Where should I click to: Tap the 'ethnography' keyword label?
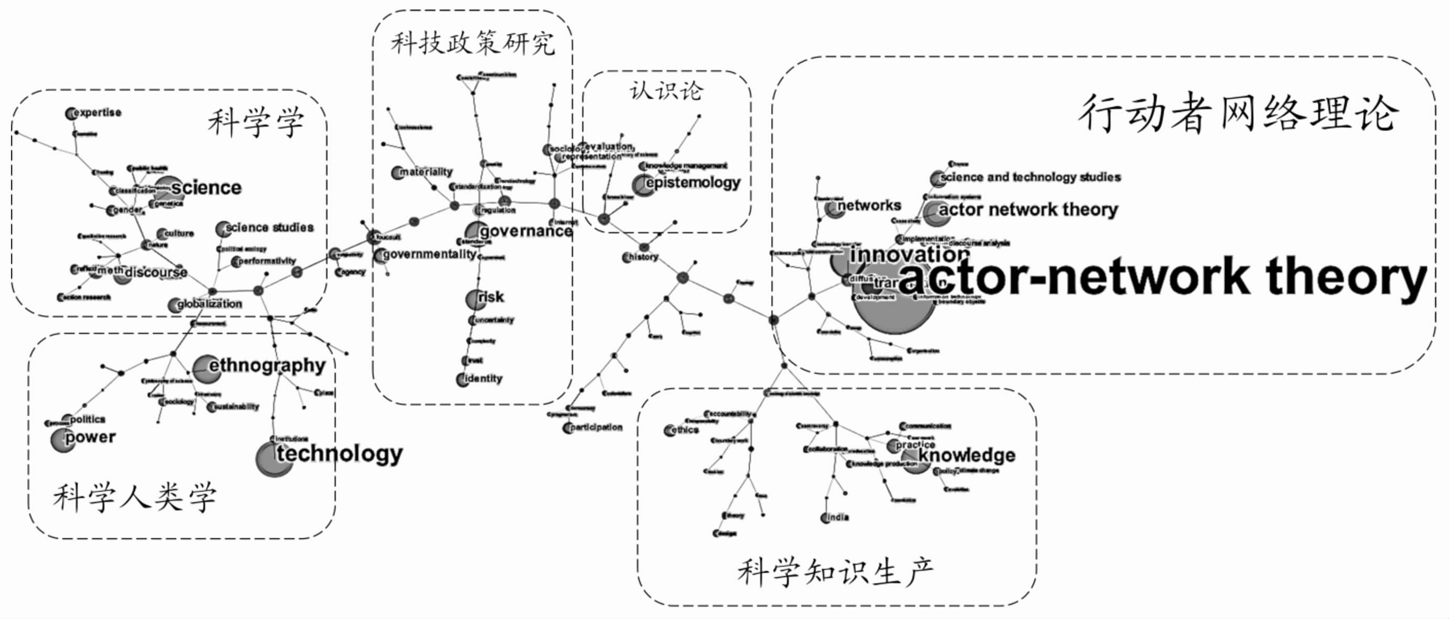(267, 366)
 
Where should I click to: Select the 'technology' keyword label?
(339, 453)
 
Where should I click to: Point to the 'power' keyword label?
(90, 438)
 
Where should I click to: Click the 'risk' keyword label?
(491, 297)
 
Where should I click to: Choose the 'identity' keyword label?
(483, 378)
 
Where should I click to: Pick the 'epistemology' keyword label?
(693, 183)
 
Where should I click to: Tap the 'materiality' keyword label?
(425, 172)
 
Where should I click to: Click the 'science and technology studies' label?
(1030, 177)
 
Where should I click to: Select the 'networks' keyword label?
(869, 206)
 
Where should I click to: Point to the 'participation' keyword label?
(596, 427)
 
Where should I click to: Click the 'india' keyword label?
(837, 517)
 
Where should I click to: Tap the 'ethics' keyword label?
(684, 430)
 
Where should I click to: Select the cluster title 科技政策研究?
(472, 44)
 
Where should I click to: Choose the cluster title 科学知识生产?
(835, 572)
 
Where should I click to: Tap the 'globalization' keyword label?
(209, 304)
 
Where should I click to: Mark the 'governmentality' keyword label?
(429, 255)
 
